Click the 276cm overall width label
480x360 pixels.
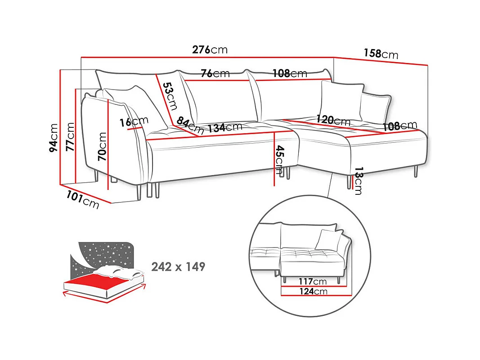pos(210,49)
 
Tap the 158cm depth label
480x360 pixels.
pos(381,54)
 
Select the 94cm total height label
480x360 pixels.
pos(54,138)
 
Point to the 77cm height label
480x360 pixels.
pos(71,136)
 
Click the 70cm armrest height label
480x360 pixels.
pos(102,147)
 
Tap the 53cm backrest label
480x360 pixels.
pos(170,96)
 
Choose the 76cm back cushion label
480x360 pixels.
pos(215,73)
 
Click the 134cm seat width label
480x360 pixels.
pos(225,127)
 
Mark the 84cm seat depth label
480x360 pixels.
pos(190,125)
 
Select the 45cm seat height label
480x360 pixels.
pos(279,159)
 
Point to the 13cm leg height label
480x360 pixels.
pos(358,181)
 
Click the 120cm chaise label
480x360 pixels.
pos(333,120)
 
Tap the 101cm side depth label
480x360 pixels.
pos(83,200)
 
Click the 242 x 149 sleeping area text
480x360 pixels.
pos(178,267)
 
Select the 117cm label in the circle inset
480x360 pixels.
pos(313,281)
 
